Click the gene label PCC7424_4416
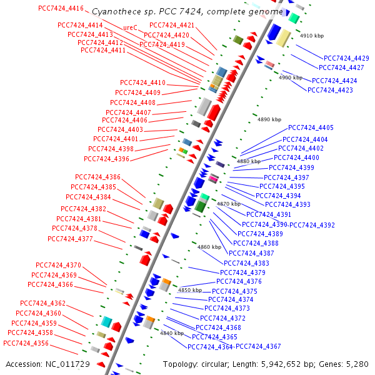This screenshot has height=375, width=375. click(61, 8)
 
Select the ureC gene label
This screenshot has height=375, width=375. click(130, 27)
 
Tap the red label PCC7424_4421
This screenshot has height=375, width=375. click(172, 25)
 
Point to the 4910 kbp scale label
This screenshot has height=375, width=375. click(312, 36)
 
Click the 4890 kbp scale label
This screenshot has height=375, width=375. click(270, 119)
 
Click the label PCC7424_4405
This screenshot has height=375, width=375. click(311, 127)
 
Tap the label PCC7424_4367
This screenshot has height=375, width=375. click(258, 347)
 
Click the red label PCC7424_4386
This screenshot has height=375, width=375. click(97, 177)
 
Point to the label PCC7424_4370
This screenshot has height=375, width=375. click(59, 265)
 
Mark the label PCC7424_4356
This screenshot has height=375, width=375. click(26, 343)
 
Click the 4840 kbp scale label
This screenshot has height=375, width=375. click(171, 333)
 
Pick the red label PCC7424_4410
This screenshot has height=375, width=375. click(143, 83)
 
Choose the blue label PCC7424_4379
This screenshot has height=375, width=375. click(242, 272)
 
